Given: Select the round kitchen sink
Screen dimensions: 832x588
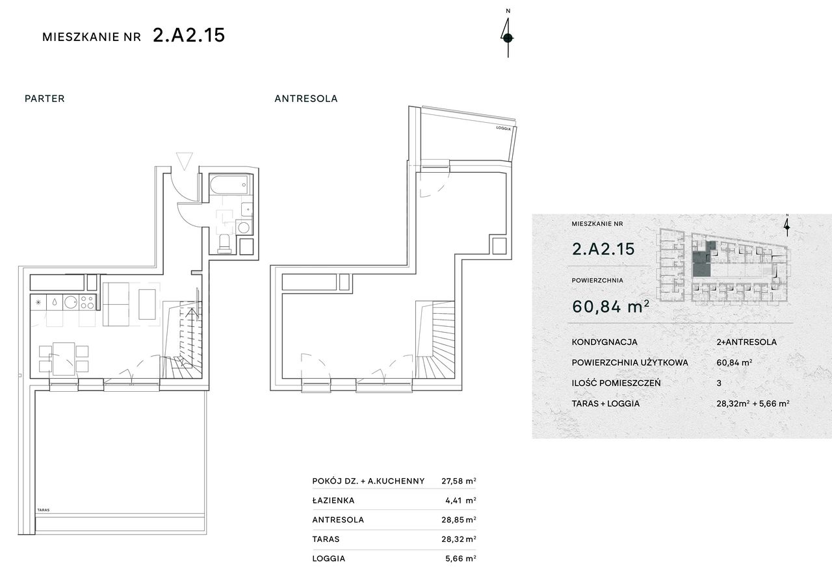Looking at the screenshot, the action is tap(71, 302).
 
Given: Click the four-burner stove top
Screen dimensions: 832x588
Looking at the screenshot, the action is tap(87, 302).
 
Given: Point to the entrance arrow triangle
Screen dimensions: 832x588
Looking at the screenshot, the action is tap(185, 160).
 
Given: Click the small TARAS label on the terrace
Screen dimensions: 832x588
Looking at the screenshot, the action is tap(44, 510).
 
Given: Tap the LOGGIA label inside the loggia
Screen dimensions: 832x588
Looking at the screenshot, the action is tap(503, 129).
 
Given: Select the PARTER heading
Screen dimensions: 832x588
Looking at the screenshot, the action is tap(45, 98).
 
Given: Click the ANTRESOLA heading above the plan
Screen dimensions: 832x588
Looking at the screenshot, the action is tap(306, 98).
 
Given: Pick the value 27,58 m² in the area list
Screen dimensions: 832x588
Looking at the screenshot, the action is tap(459, 481).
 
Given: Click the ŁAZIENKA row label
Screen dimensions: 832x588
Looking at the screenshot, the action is tap(333, 500).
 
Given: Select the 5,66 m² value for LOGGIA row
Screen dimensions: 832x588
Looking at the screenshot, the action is tap(461, 558).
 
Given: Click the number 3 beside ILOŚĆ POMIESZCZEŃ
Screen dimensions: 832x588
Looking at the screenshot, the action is tap(719, 383).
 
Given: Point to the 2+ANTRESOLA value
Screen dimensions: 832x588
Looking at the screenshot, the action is tap(747, 342).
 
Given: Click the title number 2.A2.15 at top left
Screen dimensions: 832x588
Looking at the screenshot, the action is tap(189, 35).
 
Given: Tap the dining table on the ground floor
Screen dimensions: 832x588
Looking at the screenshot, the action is tap(64, 359).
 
